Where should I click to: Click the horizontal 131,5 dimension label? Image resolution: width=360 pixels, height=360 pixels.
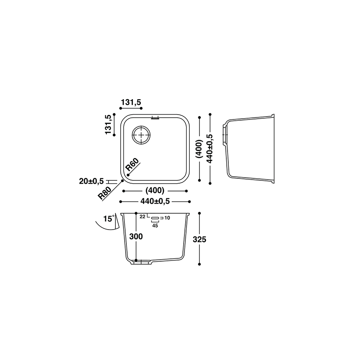(131, 102)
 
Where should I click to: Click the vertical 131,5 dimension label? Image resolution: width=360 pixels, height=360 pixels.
(108, 125)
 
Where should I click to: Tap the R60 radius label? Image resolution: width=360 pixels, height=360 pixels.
(132, 165)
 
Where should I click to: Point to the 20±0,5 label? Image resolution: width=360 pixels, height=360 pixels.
(91, 181)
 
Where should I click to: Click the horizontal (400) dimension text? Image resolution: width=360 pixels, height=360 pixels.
(155, 191)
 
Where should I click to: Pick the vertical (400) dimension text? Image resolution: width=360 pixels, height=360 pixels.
(199, 149)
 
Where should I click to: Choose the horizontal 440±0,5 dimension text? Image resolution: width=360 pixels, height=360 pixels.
(155, 202)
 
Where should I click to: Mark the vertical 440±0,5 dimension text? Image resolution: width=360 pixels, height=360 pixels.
(210, 149)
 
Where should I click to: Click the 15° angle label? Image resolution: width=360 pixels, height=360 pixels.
(109, 218)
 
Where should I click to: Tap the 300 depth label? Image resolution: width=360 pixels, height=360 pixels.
(136, 236)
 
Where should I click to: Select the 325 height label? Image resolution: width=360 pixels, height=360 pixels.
(200, 240)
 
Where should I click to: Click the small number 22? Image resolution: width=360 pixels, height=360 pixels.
(142, 217)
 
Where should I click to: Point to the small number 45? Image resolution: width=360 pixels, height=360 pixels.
(155, 226)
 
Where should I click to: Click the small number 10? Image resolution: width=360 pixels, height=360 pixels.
(167, 218)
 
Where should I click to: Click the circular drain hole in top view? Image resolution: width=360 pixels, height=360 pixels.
(141, 135)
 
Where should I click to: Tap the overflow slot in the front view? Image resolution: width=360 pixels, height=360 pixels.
(155, 217)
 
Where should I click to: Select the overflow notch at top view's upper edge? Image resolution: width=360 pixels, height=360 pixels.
(155, 118)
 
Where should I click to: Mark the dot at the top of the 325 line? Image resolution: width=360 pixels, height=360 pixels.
(199, 213)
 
